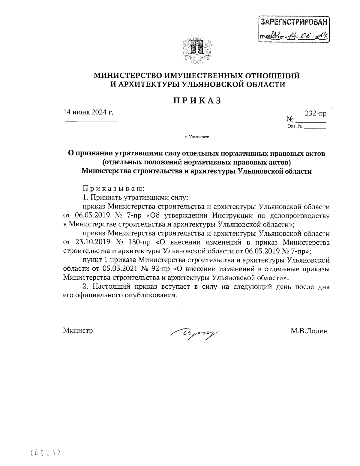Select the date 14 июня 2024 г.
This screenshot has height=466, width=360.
tap(88, 113)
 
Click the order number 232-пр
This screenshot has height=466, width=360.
tap(316, 114)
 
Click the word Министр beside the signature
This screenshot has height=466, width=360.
tap(78, 331)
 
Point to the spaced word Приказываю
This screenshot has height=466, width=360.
tap(114, 189)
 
